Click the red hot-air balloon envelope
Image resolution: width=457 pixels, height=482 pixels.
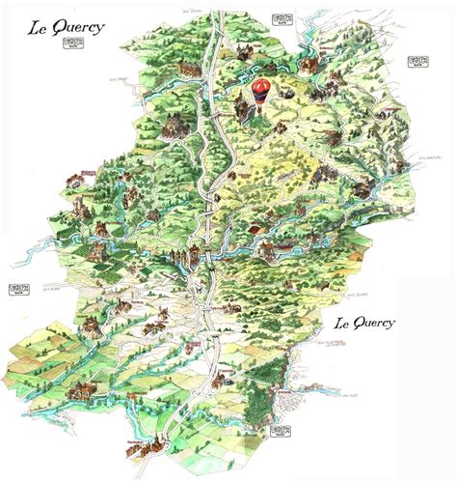pos(260,90)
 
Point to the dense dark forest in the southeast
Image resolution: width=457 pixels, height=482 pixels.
pos(280,386)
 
